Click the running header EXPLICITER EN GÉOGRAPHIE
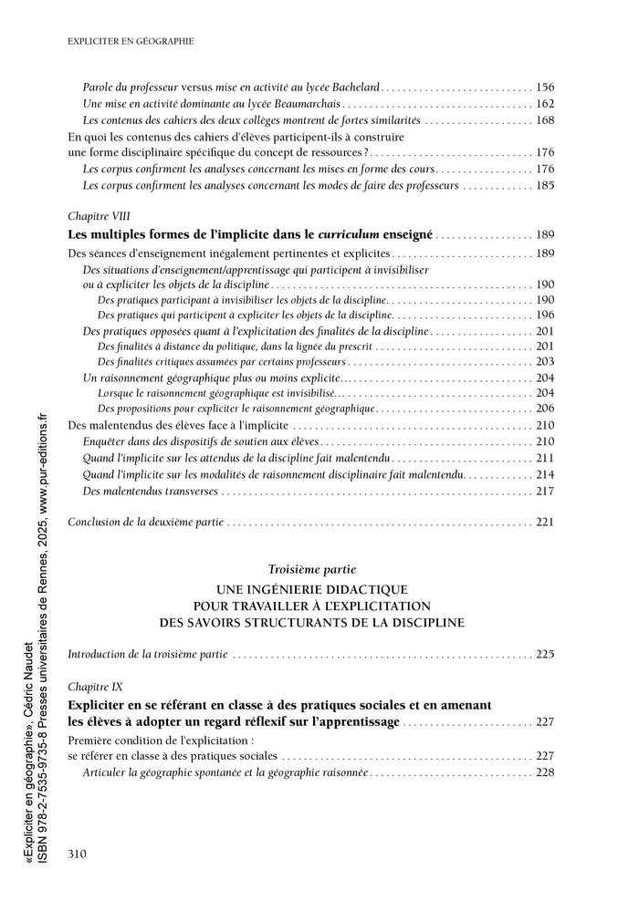point(131,41)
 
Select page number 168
point(546,120)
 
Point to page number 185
point(546,186)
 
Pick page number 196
point(546,315)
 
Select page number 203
point(546,362)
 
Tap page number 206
point(546,409)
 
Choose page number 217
point(546,492)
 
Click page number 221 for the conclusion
point(546,523)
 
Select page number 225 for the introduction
point(546,655)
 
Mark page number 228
point(546,772)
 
